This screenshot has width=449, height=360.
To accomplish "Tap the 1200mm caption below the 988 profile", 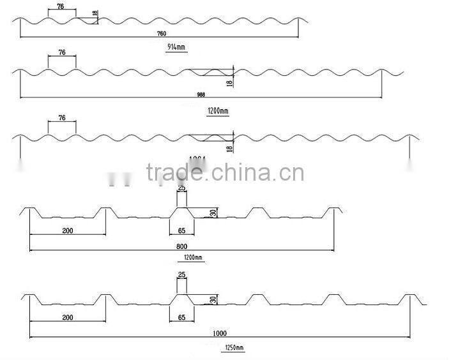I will tap(218, 111).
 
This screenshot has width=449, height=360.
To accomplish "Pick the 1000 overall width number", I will tap(220, 334).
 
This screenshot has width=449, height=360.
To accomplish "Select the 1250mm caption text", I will tap(234, 348).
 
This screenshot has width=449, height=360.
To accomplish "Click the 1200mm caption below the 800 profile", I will tap(192, 258).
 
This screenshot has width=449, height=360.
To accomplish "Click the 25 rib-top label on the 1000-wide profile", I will tap(181, 275).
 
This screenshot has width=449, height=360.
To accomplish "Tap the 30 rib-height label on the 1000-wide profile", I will tap(213, 299).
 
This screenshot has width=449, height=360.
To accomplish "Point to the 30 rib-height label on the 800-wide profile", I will tap(213, 213).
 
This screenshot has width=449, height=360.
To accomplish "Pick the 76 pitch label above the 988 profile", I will tap(62, 52).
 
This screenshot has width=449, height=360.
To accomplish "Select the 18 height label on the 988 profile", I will tap(229, 81).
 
